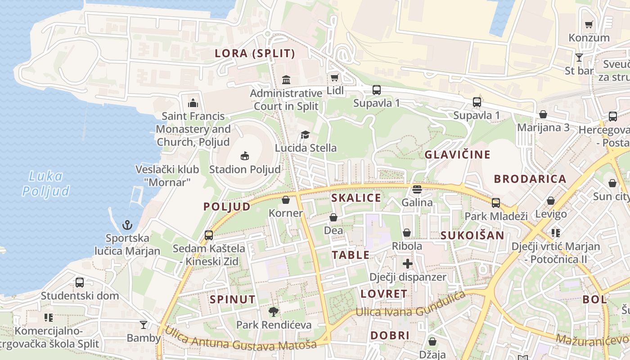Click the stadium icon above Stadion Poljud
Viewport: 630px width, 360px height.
tap(244, 156)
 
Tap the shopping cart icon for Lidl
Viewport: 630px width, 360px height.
tap(334, 77)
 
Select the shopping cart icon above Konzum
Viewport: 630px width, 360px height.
tap(589, 24)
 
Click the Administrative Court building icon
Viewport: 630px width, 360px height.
tap(286, 80)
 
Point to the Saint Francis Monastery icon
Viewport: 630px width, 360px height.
tap(193, 103)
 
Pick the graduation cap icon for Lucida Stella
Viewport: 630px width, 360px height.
tap(306, 135)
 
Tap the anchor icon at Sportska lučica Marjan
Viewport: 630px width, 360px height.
tap(127, 224)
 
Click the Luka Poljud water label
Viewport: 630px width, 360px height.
tap(46, 184)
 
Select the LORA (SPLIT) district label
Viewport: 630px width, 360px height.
tap(255, 54)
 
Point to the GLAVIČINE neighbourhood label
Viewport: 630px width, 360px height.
tap(458, 155)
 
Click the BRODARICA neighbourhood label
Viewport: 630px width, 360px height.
tap(530, 179)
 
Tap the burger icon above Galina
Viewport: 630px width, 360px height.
tap(417, 189)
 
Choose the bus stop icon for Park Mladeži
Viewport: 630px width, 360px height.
tap(496, 202)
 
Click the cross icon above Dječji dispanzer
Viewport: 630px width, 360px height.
tap(408, 264)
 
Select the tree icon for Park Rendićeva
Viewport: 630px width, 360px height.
tap(273, 311)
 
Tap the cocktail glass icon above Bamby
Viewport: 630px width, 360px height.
tap(143, 324)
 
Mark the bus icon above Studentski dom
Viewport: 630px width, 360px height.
tap(80, 283)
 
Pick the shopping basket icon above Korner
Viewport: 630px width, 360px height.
tap(285, 200)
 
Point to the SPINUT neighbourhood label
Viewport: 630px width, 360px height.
tap(233, 299)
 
